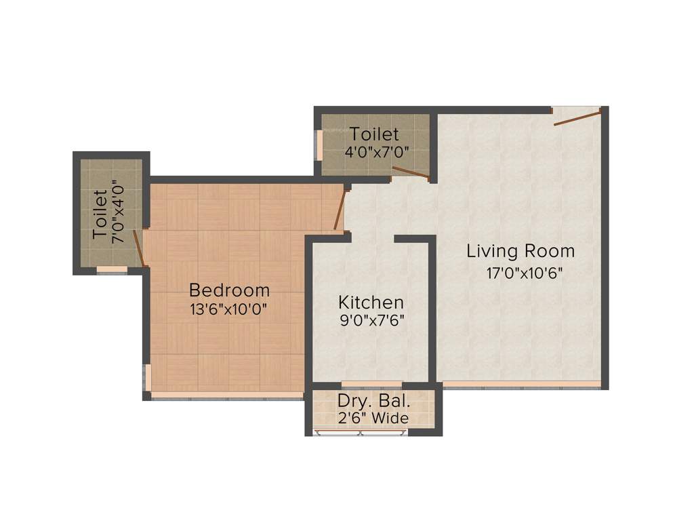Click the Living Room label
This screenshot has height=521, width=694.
pos(520,251)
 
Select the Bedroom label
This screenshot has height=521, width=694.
pos(229,290)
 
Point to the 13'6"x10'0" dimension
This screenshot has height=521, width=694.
pos(229,309)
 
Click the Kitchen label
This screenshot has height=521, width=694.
pos(371,302)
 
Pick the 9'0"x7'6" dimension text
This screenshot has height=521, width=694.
pos(371,320)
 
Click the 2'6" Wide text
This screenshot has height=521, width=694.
pos(373,418)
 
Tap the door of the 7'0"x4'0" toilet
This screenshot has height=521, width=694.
pos(139,248)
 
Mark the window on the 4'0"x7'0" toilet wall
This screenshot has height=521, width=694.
pos(319,144)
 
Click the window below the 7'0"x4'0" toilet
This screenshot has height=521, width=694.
pos(112,270)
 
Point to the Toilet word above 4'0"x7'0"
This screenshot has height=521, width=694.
pos(375,134)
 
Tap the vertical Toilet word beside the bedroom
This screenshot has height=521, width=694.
pos(100,215)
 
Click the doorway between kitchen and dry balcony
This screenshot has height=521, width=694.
pos(371,385)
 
